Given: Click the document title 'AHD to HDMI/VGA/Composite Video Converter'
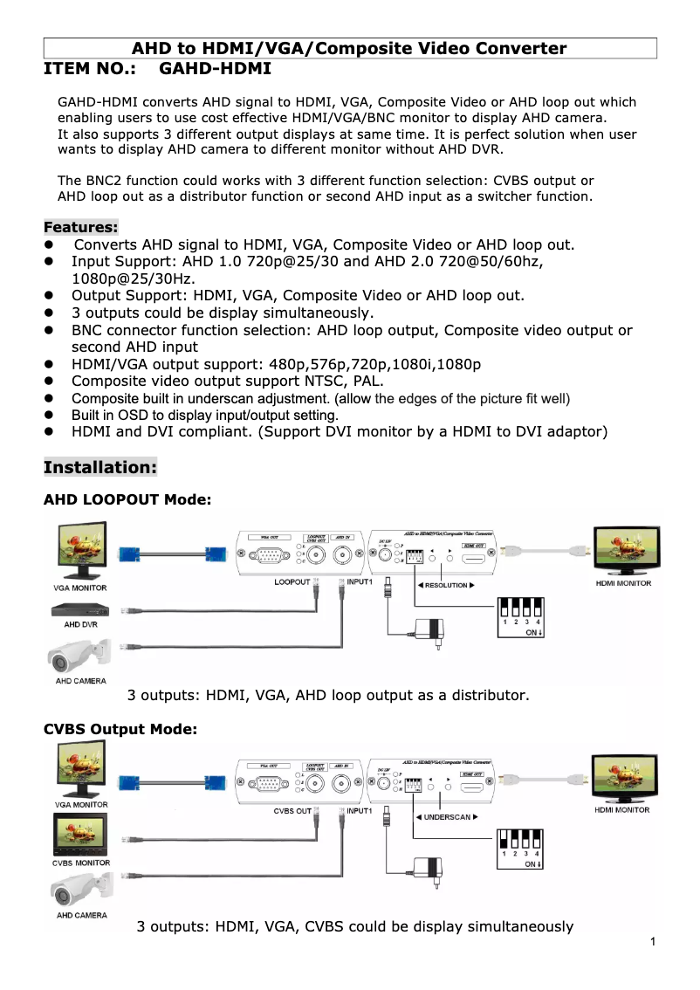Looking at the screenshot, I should (349, 49).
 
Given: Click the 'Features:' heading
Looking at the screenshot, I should (80, 227).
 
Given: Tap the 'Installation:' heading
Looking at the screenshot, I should (100, 467).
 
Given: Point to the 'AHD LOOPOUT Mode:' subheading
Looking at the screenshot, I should (127, 500).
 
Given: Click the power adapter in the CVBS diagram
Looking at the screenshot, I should (429, 867).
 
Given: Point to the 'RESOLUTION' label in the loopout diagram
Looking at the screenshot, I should (446, 585).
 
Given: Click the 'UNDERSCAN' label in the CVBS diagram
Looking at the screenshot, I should (447, 817).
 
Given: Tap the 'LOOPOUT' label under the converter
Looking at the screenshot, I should (292, 581).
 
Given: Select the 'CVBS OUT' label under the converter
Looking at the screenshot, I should (292, 811).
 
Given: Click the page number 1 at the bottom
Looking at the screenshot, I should (653, 942).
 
